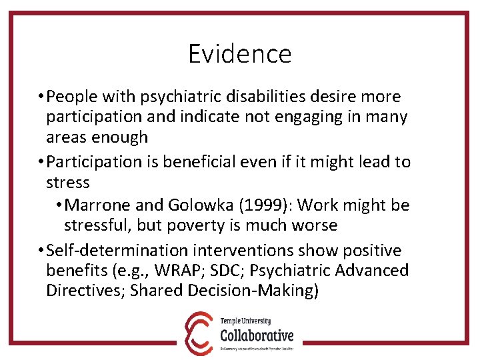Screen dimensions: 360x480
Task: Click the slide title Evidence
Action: pyautogui.click(x=239, y=54)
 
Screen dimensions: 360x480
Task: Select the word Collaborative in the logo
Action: pyautogui.click(x=257, y=334)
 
